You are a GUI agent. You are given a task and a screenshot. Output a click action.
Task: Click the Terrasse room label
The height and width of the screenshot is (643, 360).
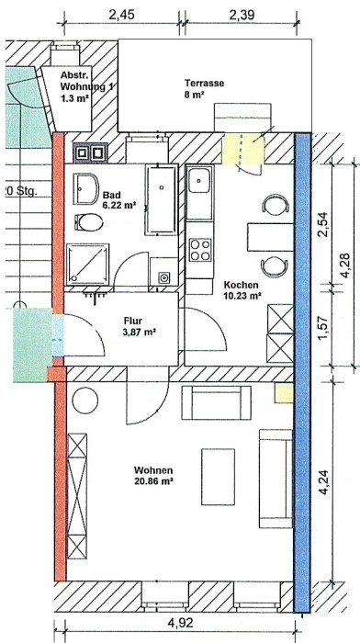[204, 84]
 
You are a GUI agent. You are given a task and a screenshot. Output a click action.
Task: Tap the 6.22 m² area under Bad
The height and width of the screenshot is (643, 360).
[118, 205]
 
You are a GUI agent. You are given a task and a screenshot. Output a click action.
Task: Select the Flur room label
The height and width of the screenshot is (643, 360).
[133, 321]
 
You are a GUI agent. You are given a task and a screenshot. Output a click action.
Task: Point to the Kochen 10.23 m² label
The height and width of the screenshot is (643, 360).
[241, 290]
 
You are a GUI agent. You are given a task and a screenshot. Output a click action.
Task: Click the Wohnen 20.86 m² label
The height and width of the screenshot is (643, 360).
[153, 475]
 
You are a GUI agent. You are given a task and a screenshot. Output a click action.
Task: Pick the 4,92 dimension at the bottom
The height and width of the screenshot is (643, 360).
[180, 624]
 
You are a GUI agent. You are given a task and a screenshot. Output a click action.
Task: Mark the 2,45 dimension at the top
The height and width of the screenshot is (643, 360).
[121, 15]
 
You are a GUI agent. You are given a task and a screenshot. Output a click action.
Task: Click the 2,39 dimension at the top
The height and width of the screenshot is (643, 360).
[242, 15]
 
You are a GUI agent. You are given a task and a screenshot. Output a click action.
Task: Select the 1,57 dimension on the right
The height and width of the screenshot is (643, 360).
[323, 328]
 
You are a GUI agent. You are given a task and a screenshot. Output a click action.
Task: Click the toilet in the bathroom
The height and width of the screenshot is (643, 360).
[88, 223]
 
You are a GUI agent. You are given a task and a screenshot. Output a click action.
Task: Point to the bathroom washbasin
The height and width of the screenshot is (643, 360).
[85, 188]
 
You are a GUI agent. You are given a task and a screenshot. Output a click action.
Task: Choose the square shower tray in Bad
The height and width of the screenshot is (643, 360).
[88, 264]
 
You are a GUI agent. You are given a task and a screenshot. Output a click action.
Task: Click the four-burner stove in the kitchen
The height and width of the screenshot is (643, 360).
[200, 249]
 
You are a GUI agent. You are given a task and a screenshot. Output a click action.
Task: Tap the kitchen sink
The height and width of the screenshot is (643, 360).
[199, 180]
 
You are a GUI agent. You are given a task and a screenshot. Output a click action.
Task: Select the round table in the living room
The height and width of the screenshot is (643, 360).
[84, 400]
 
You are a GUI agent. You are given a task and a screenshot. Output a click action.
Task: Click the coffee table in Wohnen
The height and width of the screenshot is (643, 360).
[218, 477]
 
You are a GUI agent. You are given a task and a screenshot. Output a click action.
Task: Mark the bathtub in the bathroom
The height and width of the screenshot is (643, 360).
[162, 199]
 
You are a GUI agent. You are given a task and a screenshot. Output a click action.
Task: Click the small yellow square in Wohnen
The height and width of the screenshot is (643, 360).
[284, 393]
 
